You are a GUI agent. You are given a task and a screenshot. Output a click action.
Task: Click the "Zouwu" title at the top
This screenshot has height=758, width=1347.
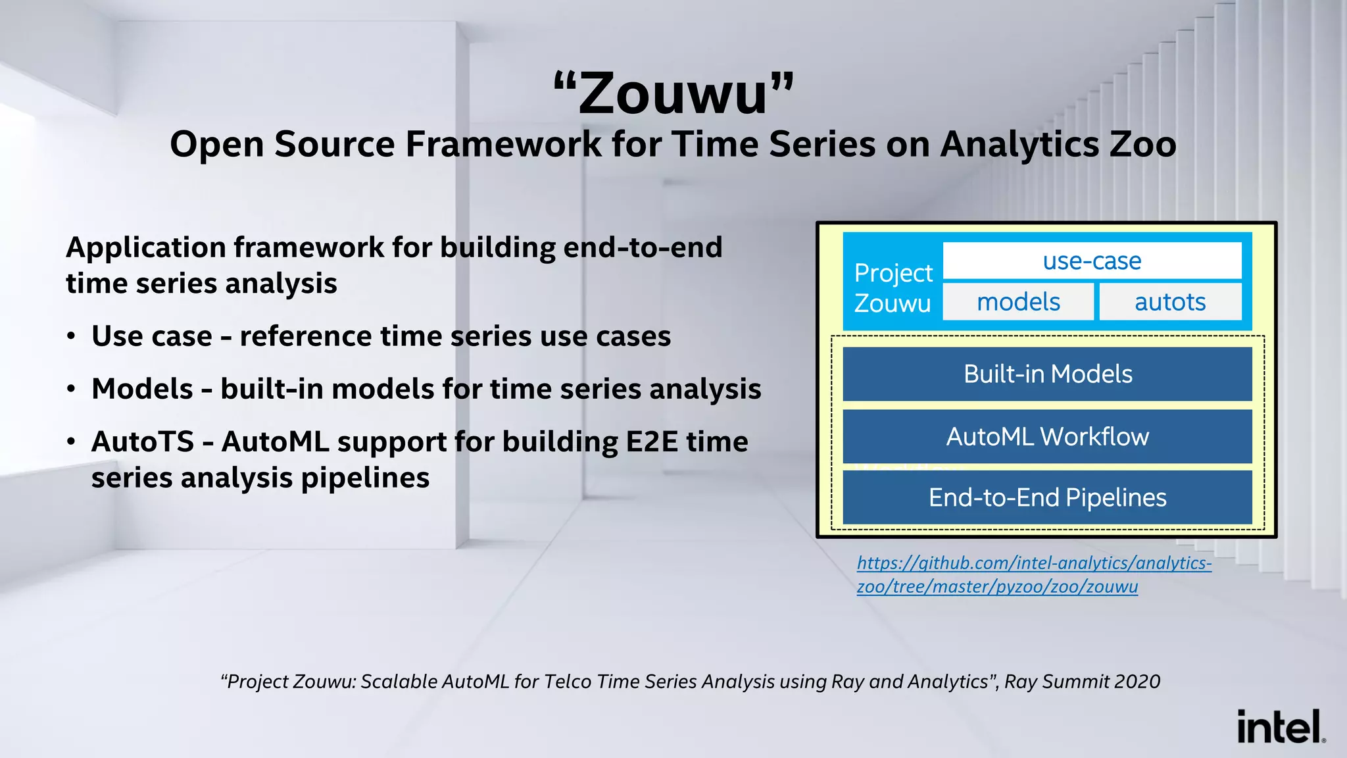point(673,93)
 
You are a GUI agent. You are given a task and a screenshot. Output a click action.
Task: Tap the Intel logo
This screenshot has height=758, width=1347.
point(1280,726)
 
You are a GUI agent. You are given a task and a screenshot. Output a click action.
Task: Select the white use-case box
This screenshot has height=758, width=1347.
point(1092,261)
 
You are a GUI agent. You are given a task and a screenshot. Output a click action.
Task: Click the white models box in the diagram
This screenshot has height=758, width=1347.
point(1018,302)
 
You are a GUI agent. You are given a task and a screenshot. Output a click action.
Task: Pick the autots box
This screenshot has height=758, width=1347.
point(1170,302)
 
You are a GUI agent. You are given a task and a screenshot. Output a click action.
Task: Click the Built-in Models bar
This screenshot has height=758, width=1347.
point(1047,374)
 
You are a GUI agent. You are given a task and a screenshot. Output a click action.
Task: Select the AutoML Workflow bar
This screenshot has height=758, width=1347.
point(1047,436)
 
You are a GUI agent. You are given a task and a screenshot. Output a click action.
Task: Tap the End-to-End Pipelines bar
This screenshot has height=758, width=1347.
point(1047,497)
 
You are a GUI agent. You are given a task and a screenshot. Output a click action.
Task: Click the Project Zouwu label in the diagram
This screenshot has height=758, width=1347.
point(893,288)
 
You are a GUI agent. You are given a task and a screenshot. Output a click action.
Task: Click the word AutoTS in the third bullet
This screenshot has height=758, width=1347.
point(143,442)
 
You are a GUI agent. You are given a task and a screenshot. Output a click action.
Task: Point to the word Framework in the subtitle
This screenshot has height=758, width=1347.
point(503,144)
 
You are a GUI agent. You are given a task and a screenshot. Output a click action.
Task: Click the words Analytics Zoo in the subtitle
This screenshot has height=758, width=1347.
point(1058,144)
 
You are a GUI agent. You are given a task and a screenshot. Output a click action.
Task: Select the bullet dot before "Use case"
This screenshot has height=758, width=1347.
point(71,337)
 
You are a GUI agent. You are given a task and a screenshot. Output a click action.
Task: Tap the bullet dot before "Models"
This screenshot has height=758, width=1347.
point(71,390)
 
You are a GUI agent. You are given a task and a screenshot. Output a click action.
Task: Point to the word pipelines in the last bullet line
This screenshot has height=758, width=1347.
point(365,478)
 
